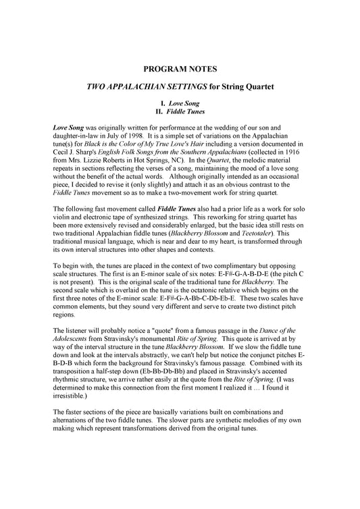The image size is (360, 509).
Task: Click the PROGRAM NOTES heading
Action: coord(180,70)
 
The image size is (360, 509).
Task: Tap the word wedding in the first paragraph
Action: coord(225,127)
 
